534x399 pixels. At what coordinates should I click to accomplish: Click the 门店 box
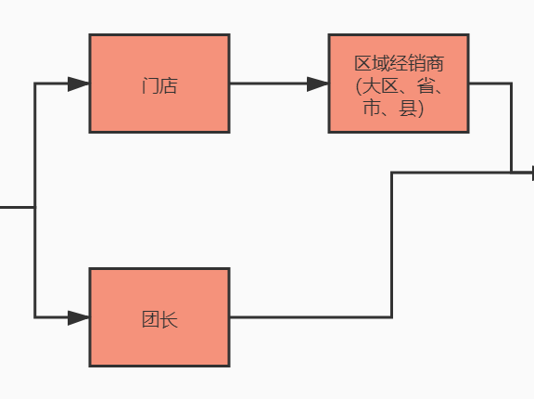pyautogui.click(x=159, y=84)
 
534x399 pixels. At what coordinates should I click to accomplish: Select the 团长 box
pyautogui.click(x=159, y=317)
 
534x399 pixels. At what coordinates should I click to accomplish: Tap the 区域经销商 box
pyautogui.click(x=399, y=84)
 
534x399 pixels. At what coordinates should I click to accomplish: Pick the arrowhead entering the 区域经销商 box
pyautogui.click(x=319, y=84)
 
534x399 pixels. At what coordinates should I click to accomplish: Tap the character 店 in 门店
pyautogui.click(x=168, y=87)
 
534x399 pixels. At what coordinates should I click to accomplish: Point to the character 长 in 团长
pyautogui.click(x=168, y=321)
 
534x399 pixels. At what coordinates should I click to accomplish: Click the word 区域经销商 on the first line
pyautogui.click(x=399, y=64)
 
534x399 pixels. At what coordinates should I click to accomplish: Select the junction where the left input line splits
pyautogui.click(x=35, y=208)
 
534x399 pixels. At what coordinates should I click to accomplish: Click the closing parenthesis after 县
pyautogui.click(x=420, y=109)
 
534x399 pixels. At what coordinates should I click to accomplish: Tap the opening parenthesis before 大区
pyautogui.click(x=359, y=87)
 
